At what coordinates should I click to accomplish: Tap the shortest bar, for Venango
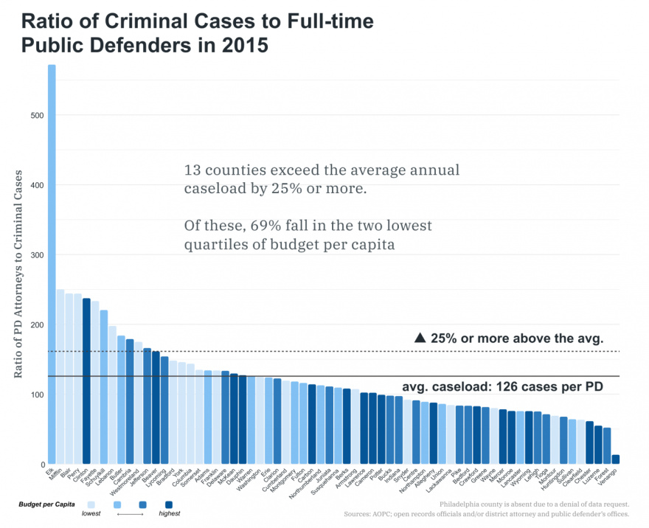[x=616, y=459]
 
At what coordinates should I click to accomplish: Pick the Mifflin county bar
[x=60, y=377]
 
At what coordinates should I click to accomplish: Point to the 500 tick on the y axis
[x=35, y=115]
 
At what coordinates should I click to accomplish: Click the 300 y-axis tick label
[x=35, y=255]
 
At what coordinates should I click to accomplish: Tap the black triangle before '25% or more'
[x=420, y=338]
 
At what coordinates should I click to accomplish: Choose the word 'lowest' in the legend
[x=91, y=514]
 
